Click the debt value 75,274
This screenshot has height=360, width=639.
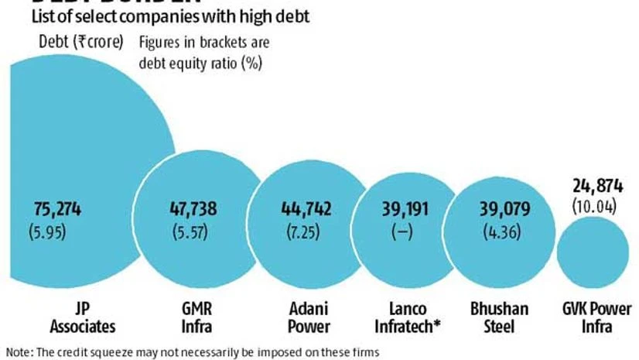(58, 208)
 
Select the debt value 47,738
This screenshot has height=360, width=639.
(193, 208)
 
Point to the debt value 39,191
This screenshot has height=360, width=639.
(402, 208)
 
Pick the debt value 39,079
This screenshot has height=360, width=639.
(497, 208)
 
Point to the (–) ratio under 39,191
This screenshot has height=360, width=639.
(402, 231)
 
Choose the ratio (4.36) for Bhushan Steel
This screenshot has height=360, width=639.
(497, 230)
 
